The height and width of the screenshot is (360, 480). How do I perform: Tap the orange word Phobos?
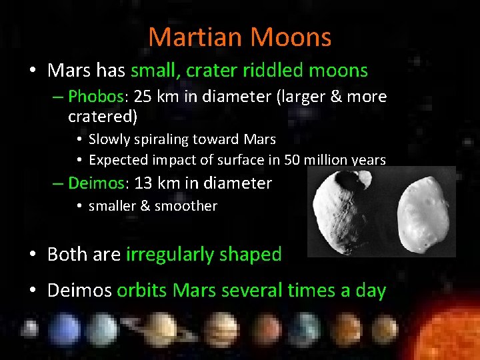click(x=95, y=97)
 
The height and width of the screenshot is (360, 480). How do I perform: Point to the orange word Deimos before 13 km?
click(x=95, y=183)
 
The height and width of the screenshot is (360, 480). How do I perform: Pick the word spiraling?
click(x=155, y=139)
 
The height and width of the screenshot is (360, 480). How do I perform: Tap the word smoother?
click(x=186, y=206)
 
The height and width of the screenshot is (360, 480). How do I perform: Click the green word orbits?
click(x=142, y=291)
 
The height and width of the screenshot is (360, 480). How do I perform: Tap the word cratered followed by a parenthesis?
click(x=99, y=117)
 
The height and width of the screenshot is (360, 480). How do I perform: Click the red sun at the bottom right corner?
click(x=453, y=333)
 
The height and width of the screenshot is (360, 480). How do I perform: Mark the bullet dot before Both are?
click(x=32, y=255)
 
